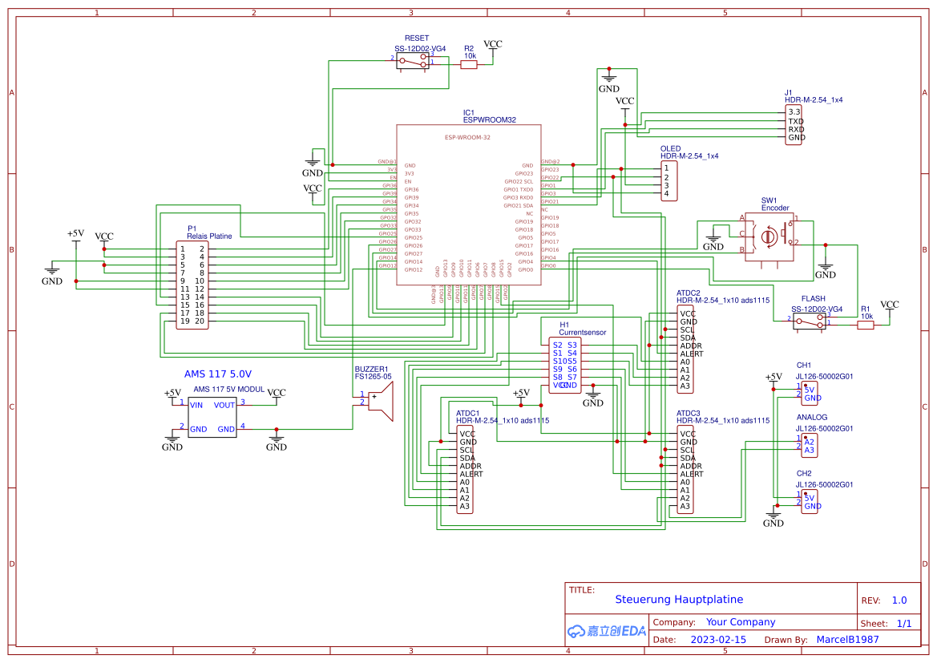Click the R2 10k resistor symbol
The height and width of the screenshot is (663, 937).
coord(469,66)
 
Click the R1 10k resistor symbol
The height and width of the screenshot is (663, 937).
coord(866,325)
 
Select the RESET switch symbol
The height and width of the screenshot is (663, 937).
coord(413,63)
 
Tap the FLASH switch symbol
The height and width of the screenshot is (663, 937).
coord(810,321)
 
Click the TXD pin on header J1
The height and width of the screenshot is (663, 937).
coord(796,121)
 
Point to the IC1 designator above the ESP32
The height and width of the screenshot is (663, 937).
coord(469,113)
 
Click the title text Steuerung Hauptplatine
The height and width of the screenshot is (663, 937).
coord(679,599)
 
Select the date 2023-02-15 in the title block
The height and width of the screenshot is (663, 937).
coord(718,640)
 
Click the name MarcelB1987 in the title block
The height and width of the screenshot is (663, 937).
coord(847,640)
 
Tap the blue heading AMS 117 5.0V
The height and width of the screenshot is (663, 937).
coord(218,374)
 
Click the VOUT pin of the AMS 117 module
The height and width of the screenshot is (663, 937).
coord(224,405)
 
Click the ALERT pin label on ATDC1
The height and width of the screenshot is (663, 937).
coord(471,474)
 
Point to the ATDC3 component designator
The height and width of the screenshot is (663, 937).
coord(689,412)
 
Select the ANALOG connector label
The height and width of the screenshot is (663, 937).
coord(811,418)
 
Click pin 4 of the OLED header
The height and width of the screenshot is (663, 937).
coord(666,193)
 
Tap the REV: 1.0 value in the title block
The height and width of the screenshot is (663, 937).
coord(899,600)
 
